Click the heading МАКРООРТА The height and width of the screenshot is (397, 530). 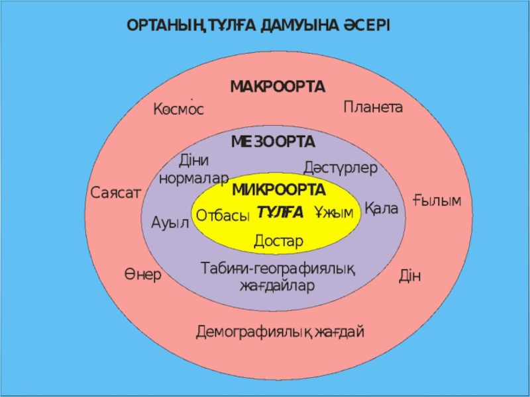point(278,87)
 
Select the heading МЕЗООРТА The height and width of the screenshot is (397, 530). point(273,142)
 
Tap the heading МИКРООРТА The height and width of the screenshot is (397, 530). point(279,191)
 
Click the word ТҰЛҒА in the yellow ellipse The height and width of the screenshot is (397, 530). point(280,212)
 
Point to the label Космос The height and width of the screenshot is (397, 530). point(178,109)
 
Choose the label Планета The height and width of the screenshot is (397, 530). point(373,107)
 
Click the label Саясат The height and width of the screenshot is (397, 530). point(116,193)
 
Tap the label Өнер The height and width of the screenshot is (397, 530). point(142,274)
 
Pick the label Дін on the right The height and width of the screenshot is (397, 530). point(410,275)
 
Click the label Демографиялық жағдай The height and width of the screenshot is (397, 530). point(280,331)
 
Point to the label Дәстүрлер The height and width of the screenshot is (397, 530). point(340,168)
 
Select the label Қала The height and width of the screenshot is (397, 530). point(382,209)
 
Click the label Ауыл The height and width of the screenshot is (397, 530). point(170,222)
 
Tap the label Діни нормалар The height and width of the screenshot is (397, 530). point(194,169)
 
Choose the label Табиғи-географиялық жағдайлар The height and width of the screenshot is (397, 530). point(278,277)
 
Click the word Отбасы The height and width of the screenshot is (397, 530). point(223,216)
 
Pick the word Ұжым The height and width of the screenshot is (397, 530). point(334,212)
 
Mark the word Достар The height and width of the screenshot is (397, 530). point(278,241)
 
